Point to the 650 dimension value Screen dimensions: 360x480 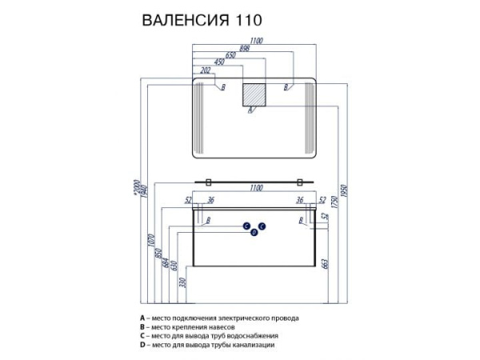pyautogui.click(x=230, y=54)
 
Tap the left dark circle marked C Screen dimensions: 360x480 pyautogui.click(x=247, y=226)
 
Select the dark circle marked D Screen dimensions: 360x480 pyautogui.click(x=254, y=233)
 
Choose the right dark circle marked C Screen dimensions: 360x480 pyautogui.click(x=262, y=226)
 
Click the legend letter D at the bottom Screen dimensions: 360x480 pyautogui.click(x=142, y=345)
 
